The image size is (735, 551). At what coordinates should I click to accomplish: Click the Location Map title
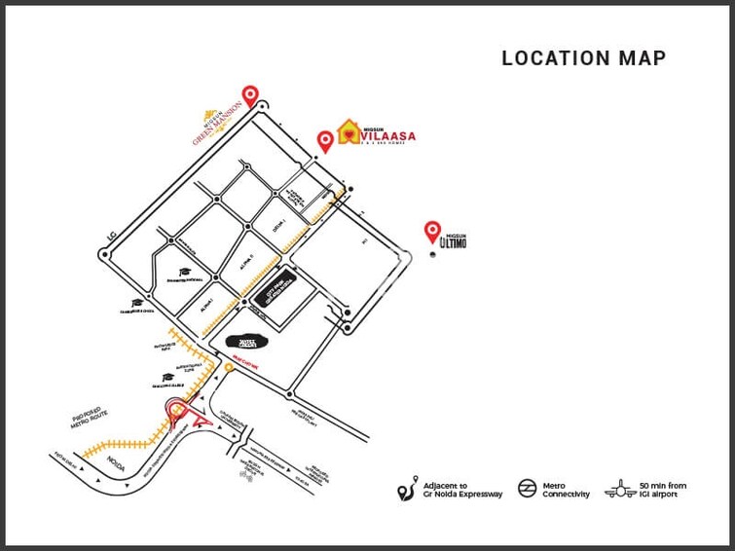coord(583,58)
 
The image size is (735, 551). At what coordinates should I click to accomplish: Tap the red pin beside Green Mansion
coord(251,95)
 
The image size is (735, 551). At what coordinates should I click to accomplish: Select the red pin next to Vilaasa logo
coord(326,141)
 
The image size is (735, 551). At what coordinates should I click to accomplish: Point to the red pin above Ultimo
coord(432,231)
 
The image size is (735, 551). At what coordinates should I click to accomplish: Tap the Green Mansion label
coord(215,125)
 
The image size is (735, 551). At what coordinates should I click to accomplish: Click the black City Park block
coord(276,293)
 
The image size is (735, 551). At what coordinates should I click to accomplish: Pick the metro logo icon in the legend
coord(526,489)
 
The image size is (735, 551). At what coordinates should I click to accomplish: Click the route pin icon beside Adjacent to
coord(406,490)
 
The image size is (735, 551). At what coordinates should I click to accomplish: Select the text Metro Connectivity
coord(567,490)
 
